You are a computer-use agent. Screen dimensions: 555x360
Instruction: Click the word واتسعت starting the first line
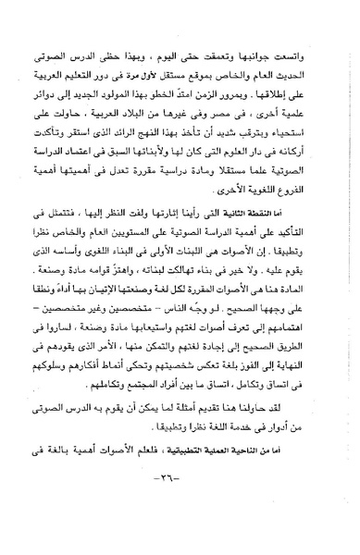click(x=313, y=18)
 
